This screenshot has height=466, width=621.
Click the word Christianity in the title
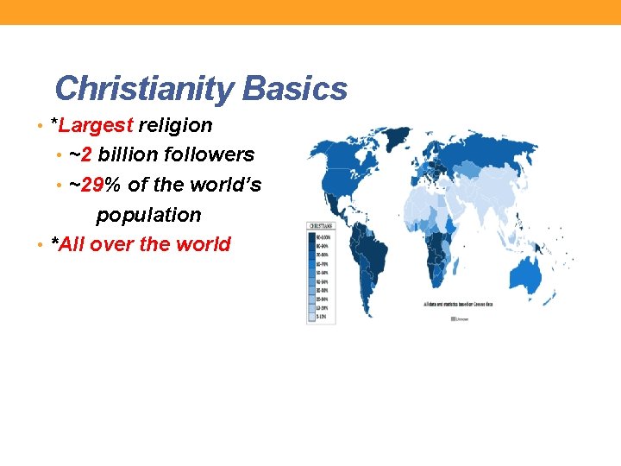pos(144,88)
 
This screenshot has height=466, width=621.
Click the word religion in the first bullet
pos(175,125)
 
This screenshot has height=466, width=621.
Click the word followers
pos(212,155)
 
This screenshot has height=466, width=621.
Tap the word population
pos(148,215)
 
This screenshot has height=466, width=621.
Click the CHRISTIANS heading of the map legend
pos(322,227)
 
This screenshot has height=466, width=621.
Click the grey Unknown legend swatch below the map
pos(455,318)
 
